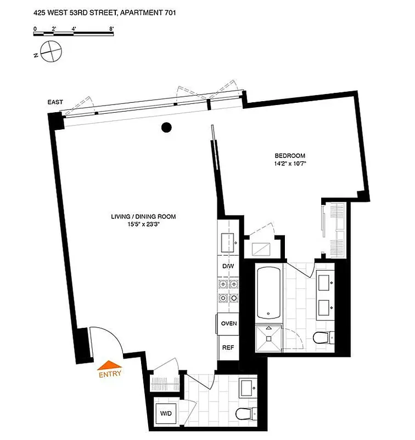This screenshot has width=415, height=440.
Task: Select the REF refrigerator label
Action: coord(228,348)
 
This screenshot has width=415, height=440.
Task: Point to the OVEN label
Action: coord(228,323)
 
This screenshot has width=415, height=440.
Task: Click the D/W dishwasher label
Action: coord(228,267)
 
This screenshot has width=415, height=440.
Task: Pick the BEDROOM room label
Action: coord(290,156)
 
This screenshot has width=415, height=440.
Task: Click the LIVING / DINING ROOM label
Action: coord(143,217)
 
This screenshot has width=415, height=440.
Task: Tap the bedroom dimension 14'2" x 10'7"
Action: coord(290,163)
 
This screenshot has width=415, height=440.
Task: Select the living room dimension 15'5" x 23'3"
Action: coord(143,224)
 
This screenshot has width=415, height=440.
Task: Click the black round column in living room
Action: coord(167,128)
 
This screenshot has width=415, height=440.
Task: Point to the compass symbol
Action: coord(49,52)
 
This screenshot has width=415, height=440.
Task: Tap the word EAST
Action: coord(55,102)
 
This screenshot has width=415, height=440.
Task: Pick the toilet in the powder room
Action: coord(243,413)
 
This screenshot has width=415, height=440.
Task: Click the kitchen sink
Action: coord(228,241)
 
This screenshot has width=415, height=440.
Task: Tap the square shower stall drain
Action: coord(270,339)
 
